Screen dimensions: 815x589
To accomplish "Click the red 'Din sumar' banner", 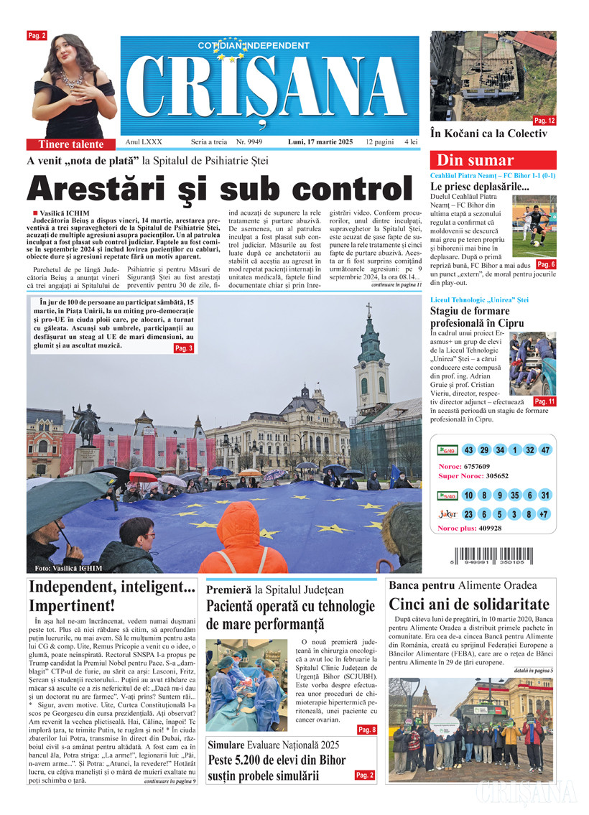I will (x=493, y=160).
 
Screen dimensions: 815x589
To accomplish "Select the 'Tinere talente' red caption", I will (x=70, y=144).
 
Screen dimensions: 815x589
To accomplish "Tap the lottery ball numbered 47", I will (x=545, y=450).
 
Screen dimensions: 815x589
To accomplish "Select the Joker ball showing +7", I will (x=545, y=514).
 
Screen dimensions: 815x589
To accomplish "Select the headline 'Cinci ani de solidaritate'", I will (x=468, y=604).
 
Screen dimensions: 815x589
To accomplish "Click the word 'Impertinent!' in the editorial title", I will (x=72, y=605).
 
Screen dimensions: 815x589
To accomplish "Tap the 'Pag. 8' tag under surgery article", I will (x=366, y=730).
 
